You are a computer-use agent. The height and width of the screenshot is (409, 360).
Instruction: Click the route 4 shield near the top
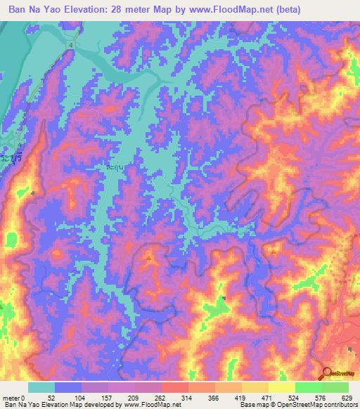coord(71,45)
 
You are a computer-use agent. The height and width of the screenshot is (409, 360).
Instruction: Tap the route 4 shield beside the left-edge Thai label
coord(20,145)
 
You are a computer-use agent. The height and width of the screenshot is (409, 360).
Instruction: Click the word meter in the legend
coord(11,397)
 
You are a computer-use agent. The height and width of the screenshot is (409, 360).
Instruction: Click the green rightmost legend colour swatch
coord(335,387)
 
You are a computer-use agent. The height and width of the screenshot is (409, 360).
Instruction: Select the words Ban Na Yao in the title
coord(34,10)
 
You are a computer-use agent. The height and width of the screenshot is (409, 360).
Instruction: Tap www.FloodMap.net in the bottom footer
coord(147,405)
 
